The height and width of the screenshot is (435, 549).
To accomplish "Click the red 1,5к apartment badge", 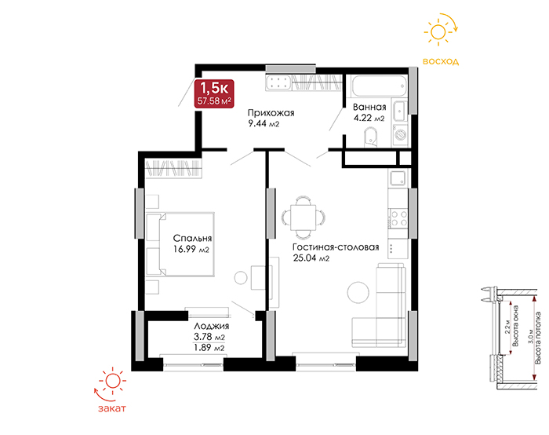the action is tap(214, 93).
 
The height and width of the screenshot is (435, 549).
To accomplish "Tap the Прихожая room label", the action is tap(271, 113).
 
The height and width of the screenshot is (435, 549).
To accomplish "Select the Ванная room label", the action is tap(369, 107).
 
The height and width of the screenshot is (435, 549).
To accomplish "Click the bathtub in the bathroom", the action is tap(379, 86).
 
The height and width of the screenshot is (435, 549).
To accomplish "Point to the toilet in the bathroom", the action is tap(370, 137).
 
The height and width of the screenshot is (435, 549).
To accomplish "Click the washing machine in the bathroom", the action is tap(400, 134).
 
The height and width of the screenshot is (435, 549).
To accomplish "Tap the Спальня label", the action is tap(193, 239).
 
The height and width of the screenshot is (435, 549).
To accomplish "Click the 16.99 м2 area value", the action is tap(191, 249).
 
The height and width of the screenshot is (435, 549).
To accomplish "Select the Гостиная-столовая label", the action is tap(336, 247).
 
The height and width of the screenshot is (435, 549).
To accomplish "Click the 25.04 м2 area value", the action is tap(311, 258).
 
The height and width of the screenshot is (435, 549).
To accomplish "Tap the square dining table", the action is tap(304, 217).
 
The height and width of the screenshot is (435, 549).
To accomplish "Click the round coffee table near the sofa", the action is tap(358, 292).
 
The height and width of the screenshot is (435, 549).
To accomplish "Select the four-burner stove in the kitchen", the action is tap(398, 218).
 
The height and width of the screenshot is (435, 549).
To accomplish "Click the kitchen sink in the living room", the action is tap(398, 177).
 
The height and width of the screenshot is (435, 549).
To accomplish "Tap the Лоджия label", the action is tap(212, 326).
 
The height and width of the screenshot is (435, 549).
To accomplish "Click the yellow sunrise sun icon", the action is tap(438, 32).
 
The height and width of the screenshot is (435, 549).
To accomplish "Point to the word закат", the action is tap(111, 408).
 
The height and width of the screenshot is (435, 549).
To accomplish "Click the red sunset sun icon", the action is tap(113, 381).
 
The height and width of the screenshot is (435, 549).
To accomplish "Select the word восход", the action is tap(441, 62).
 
